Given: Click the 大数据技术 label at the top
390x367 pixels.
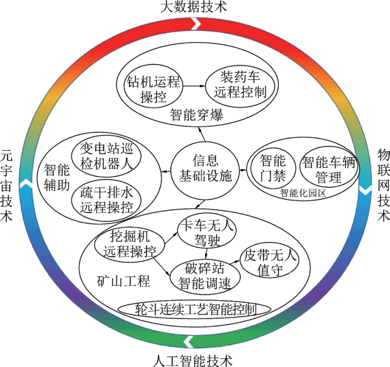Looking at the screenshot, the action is pos(194,7).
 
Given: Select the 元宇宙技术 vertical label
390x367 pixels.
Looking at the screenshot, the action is pos(6,185).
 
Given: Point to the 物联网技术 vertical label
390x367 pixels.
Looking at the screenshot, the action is pos(383,185).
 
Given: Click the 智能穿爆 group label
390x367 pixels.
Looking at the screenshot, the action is pos(196,115).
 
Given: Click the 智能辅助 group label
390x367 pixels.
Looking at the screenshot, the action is pos(57,178).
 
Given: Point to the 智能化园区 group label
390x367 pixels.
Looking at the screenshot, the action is pos(303,193).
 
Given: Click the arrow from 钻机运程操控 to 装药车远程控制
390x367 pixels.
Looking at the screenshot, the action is pos(194,86).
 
